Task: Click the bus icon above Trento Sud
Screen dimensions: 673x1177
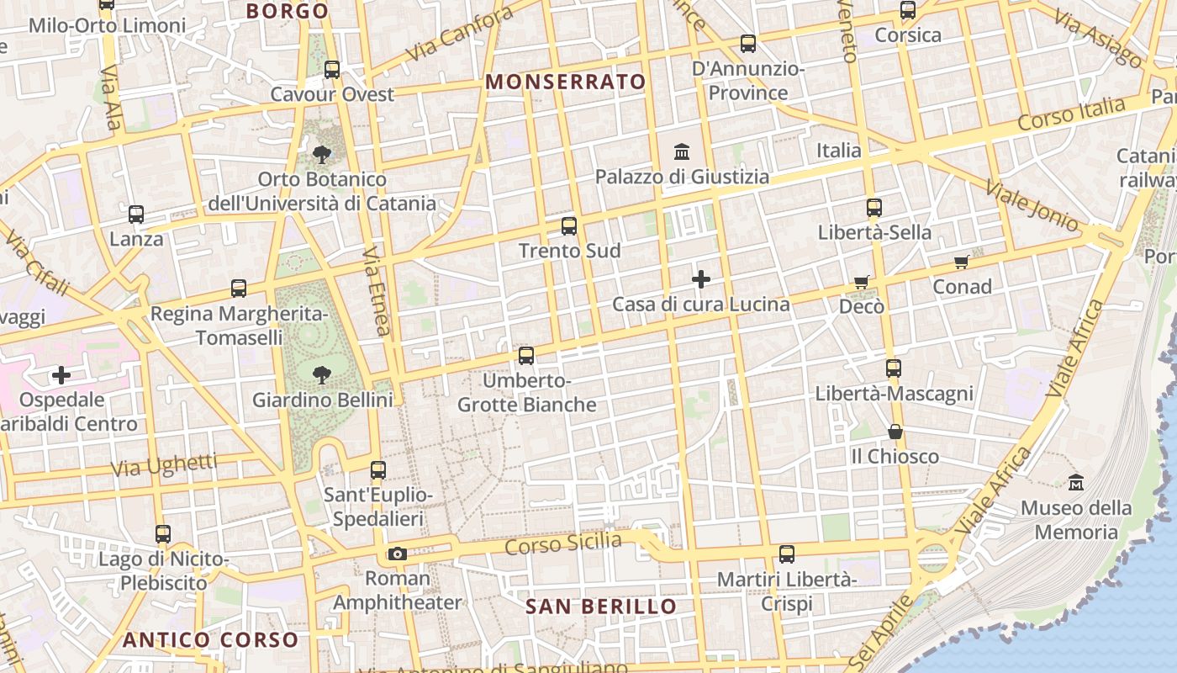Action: click(x=569, y=225)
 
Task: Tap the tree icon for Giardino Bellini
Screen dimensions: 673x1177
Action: click(x=320, y=375)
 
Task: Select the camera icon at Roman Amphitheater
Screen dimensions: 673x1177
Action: click(x=398, y=554)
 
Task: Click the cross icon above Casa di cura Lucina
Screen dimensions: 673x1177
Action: click(x=701, y=279)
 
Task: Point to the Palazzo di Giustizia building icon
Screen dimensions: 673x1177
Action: click(x=682, y=152)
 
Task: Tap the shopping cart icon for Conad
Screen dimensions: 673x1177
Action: click(x=962, y=262)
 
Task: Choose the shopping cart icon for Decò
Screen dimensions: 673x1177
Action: click(x=861, y=282)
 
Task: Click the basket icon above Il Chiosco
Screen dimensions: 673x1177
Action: click(x=895, y=432)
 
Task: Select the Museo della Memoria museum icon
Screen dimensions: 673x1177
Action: click(x=1076, y=483)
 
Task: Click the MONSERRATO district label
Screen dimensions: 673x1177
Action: click(x=566, y=82)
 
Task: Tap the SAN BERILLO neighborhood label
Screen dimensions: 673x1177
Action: click(x=601, y=607)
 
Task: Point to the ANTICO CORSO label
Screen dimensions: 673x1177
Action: click(x=210, y=639)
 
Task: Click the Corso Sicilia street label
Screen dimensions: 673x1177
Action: click(x=563, y=544)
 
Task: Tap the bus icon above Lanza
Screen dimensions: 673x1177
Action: click(x=136, y=215)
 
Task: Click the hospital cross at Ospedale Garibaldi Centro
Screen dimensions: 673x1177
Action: click(x=61, y=375)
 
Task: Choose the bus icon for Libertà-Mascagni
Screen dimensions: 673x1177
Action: click(x=894, y=368)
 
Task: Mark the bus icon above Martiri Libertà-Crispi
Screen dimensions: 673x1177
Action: click(x=787, y=554)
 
